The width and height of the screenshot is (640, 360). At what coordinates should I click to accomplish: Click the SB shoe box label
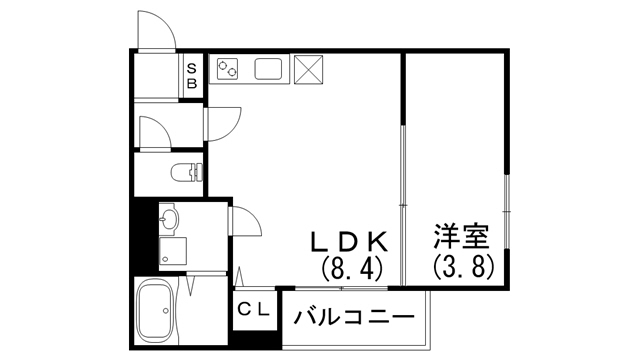pos(193,76)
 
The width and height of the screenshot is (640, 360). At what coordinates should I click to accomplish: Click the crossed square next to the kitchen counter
pos(307,69)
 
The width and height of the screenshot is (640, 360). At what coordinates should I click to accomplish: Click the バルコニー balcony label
pos(355,318)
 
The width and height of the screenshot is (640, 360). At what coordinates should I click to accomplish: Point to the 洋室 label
pos(460,240)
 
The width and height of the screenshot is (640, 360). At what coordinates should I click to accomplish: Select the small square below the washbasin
pos(170,249)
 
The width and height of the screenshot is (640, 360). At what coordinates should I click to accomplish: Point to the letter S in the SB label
pos(193,68)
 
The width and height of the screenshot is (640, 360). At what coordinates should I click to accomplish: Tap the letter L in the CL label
pos(262,310)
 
